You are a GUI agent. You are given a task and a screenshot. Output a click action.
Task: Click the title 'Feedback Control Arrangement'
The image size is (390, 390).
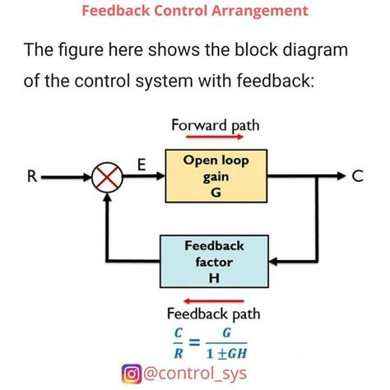click(195, 12)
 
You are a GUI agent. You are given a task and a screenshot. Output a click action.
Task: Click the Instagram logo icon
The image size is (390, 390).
click(132, 374)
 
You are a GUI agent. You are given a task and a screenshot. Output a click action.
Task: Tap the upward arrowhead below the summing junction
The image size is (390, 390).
click(104, 202)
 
